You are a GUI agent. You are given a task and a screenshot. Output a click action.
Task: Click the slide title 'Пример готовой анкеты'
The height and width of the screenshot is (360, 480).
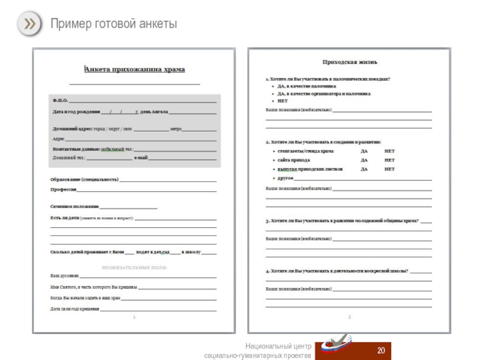(113, 24)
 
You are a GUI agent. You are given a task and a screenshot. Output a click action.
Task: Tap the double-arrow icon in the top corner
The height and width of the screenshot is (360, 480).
(29, 23)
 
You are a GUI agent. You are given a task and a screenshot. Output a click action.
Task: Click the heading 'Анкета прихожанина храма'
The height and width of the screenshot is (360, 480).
(134, 70)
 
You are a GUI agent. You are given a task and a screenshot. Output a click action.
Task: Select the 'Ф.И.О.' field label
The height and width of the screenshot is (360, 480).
(60, 100)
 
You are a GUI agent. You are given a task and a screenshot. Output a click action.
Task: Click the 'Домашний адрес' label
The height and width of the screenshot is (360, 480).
(72, 128)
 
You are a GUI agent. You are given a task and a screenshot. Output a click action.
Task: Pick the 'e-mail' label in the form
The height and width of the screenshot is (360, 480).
(140, 157)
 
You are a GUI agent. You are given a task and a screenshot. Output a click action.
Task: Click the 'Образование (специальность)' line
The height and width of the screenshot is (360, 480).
(85, 179)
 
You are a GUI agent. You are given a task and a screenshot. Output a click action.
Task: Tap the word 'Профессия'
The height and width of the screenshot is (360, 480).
(64, 190)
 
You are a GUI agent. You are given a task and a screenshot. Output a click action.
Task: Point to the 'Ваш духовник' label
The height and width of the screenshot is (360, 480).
(64, 275)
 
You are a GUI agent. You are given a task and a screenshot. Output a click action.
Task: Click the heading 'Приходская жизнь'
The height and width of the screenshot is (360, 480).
(350, 62)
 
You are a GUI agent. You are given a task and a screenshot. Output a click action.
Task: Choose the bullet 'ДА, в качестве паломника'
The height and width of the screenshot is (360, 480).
(307, 86)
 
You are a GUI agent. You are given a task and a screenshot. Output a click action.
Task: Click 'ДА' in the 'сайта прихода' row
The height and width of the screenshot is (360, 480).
(364, 160)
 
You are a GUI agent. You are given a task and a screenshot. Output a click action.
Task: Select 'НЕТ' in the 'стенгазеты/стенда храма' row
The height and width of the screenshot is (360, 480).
(389, 151)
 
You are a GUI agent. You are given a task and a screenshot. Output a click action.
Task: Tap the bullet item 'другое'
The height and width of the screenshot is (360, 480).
(285, 178)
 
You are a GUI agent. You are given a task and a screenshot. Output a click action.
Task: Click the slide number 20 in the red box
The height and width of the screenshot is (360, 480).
(380, 350)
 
